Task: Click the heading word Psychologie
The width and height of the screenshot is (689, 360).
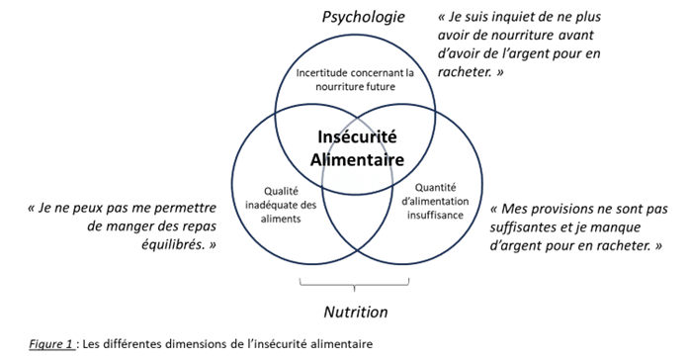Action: (364, 18)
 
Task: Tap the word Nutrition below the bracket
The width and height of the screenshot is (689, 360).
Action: (356, 313)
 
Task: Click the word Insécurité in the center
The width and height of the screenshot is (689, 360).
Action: (357, 136)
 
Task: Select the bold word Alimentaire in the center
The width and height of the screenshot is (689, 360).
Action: (357, 159)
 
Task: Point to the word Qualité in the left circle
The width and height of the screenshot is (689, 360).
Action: (281, 192)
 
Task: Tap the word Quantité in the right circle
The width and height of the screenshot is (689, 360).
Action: (436, 188)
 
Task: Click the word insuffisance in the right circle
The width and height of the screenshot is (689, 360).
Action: (435, 216)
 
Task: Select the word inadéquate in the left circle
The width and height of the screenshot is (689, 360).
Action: (274, 206)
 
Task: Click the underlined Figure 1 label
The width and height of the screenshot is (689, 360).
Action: (51, 344)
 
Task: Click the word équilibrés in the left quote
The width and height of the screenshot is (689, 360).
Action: (173, 244)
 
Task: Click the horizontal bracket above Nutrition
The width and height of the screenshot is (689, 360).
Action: (354, 285)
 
